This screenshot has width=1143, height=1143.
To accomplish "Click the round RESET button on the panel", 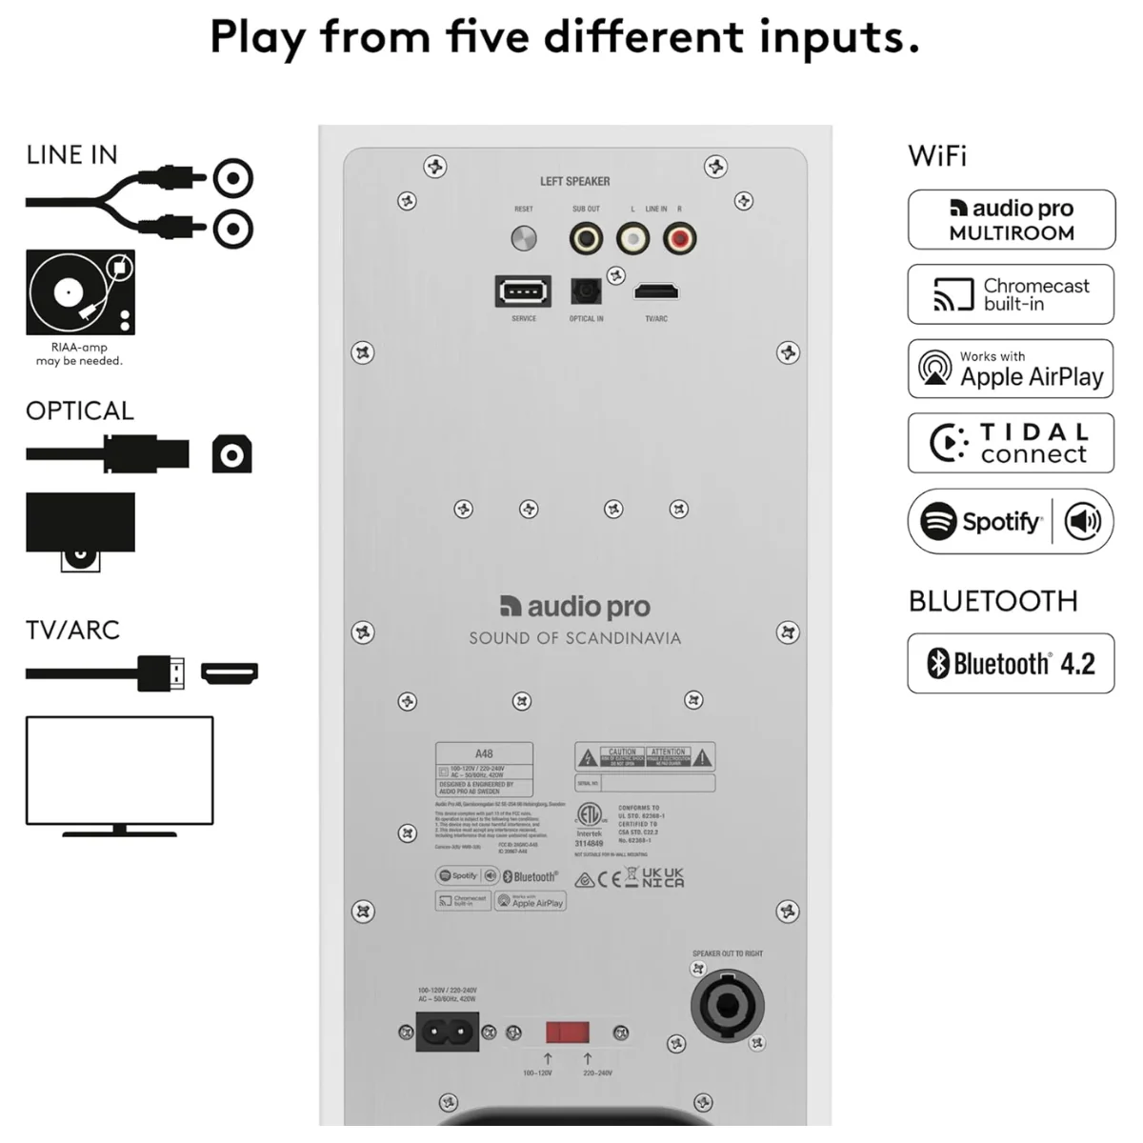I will coord(524,238).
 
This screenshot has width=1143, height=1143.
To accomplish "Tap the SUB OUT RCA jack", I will coord(586,238).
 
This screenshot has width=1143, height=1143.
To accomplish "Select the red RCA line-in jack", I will coord(679,238).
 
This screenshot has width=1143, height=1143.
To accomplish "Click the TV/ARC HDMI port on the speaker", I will coord(656,291).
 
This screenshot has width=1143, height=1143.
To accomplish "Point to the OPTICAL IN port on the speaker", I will coord(586,291).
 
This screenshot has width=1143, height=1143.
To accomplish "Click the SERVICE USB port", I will coord(523,291).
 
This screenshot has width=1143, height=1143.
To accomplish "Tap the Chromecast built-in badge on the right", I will coord(1011,294).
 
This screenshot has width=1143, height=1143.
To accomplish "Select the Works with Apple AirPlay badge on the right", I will coord(1011,369).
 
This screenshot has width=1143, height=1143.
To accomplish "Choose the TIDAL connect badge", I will coord(1011,443).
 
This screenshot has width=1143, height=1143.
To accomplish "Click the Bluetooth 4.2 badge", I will coord(1011,663).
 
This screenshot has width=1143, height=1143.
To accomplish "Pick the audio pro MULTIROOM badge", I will coord(1011,220).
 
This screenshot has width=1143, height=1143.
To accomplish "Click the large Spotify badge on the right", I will coord(1011,521).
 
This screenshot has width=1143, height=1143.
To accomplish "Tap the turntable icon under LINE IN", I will coord(80,292).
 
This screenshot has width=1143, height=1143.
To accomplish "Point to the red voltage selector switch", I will coord(568,1033).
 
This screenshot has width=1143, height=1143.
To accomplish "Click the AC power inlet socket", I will coord(447,1032).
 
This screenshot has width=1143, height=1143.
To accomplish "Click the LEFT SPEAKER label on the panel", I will coord(574,181).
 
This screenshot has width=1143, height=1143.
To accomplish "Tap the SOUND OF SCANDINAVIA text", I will coord(574,638).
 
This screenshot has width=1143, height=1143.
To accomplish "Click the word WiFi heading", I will coord(937,156).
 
